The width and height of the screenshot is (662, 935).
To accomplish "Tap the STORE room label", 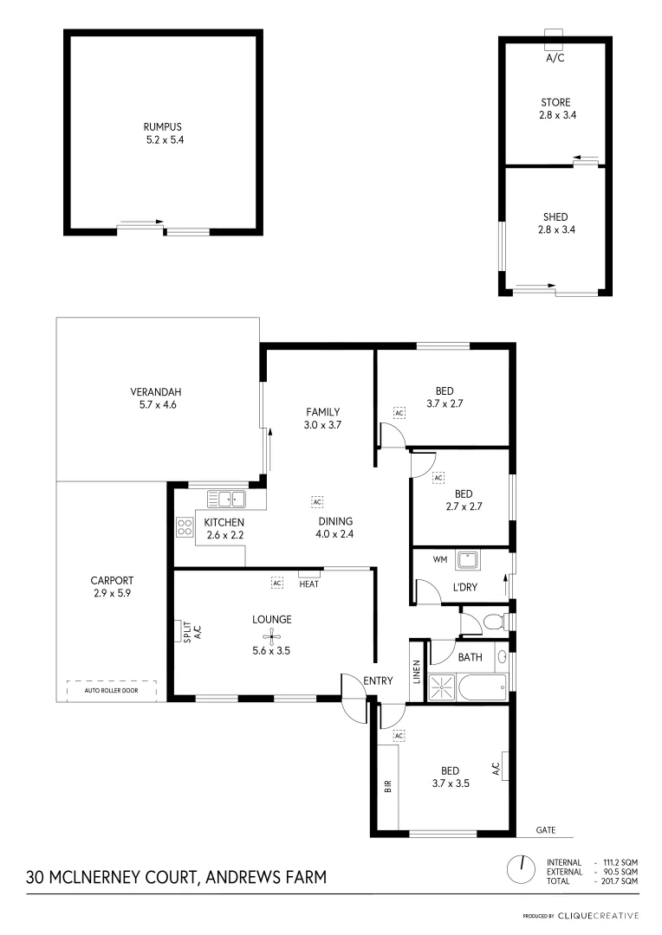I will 555,102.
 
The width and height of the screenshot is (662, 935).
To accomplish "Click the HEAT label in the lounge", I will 309,584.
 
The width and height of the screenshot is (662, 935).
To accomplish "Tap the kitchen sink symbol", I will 227,499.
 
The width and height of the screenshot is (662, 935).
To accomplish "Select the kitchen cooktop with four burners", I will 185,527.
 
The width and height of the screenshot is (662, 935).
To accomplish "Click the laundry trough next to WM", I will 469,562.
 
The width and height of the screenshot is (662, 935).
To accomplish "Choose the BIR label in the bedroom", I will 387,786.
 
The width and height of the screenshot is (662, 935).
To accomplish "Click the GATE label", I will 544,830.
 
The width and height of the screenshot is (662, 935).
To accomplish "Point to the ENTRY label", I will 379,681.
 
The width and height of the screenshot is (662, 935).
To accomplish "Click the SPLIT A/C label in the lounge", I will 191,632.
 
